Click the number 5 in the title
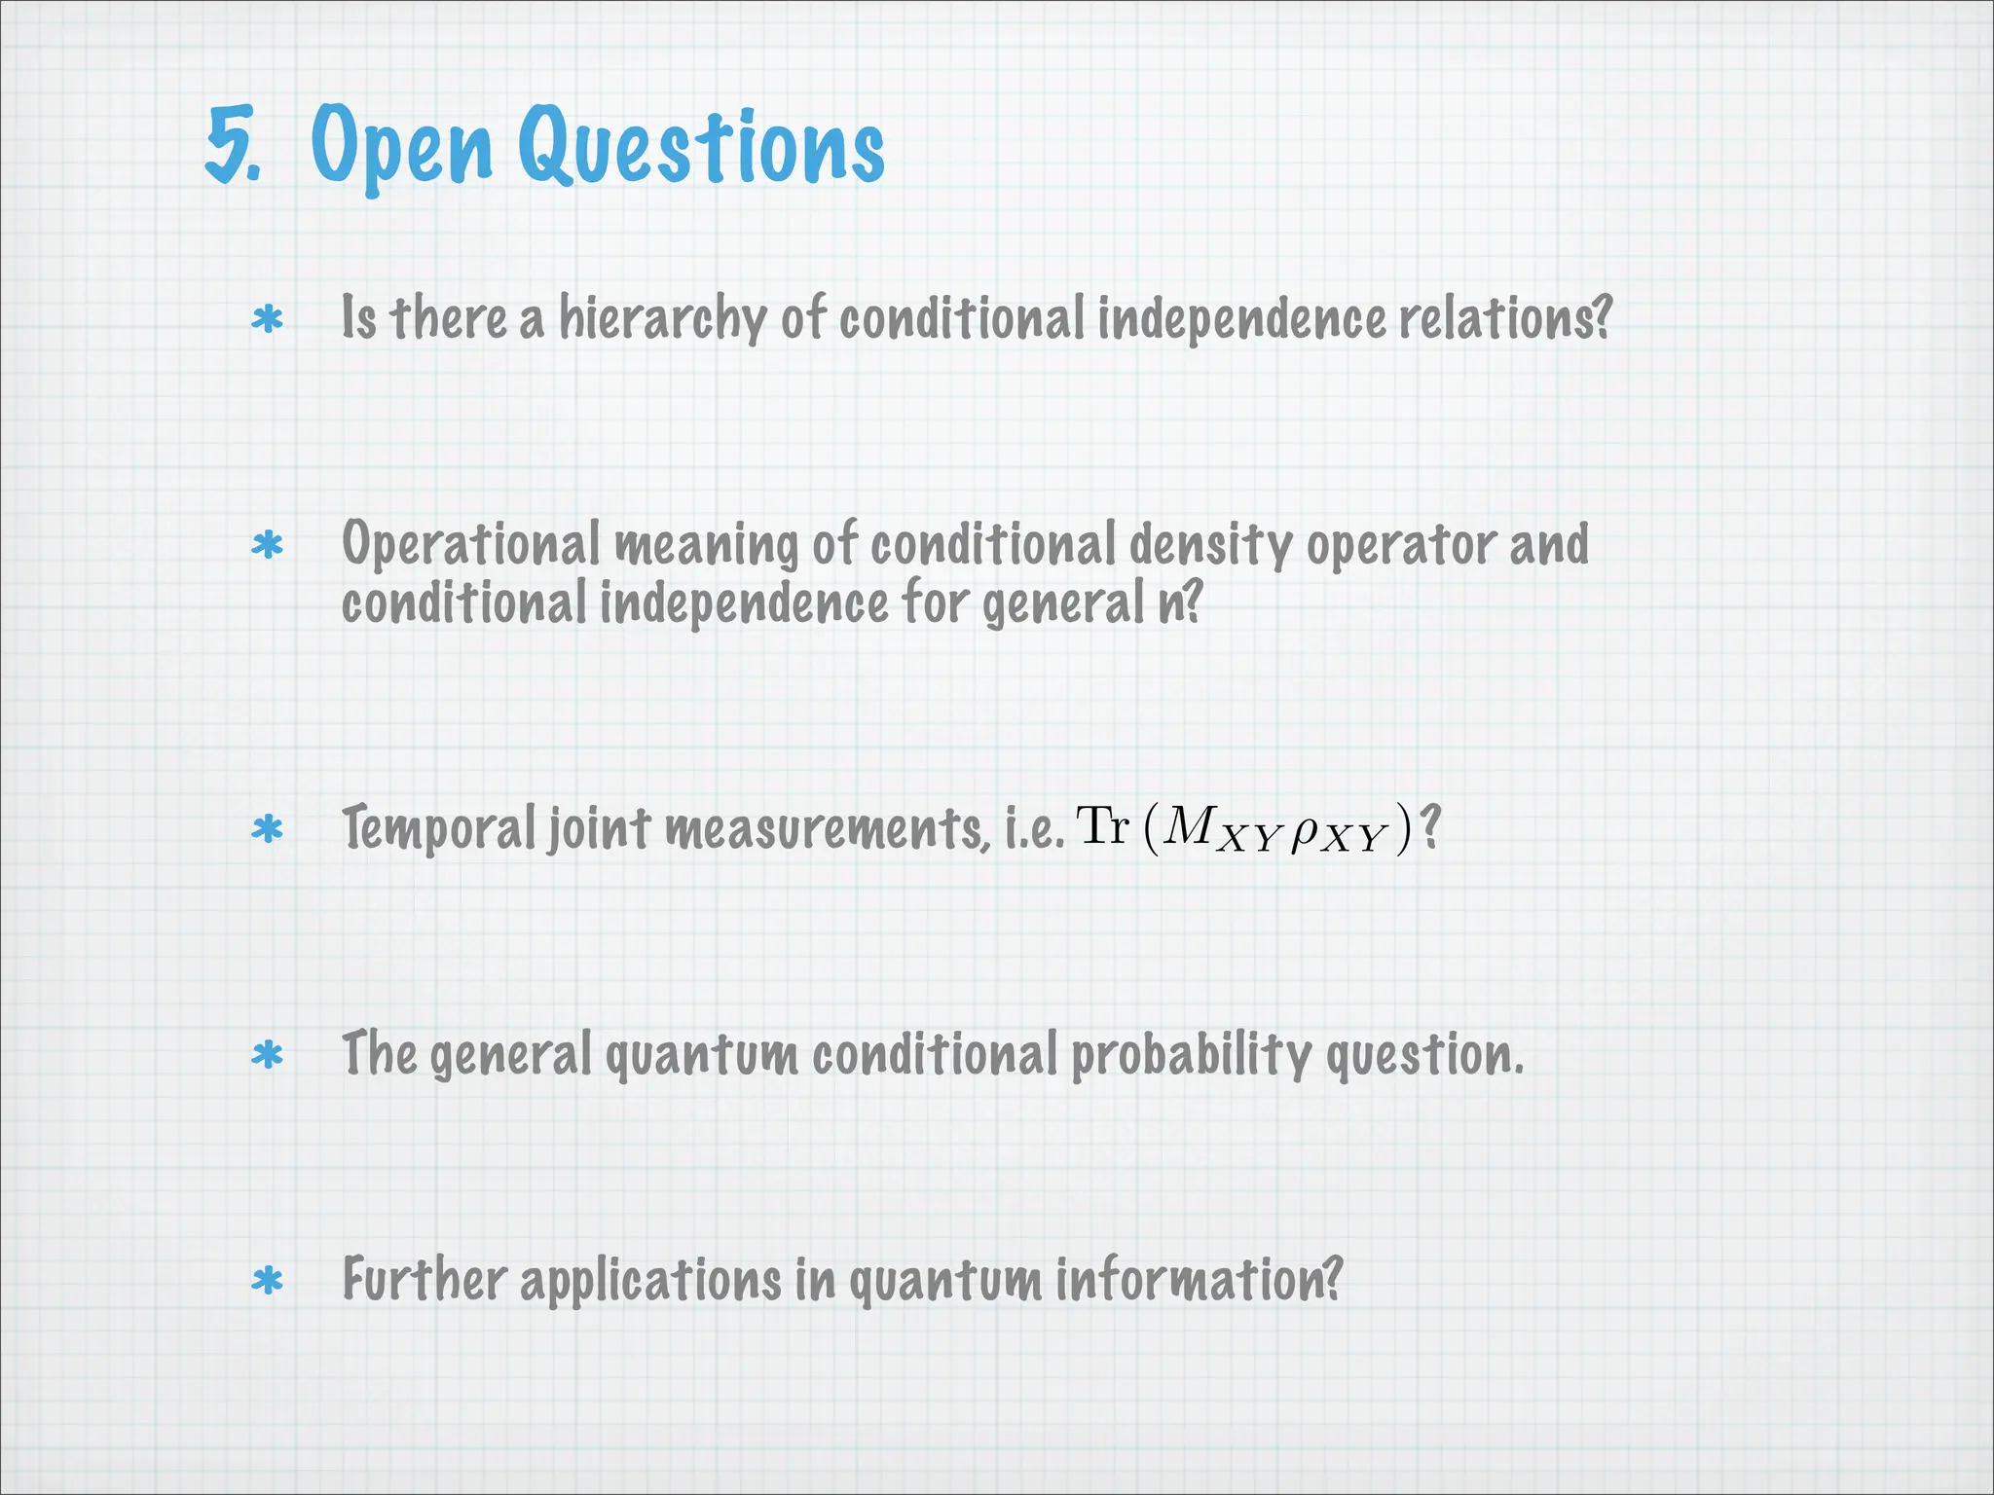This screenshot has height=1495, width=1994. (231, 146)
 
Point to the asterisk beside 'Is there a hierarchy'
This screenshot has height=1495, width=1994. (267, 320)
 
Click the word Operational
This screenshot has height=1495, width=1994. (471, 545)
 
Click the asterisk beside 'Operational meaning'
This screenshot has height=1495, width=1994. (267, 546)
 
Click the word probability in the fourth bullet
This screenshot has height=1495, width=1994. (1191, 1056)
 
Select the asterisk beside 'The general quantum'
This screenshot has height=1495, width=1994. (267, 1056)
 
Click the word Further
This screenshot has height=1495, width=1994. (424, 1280)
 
